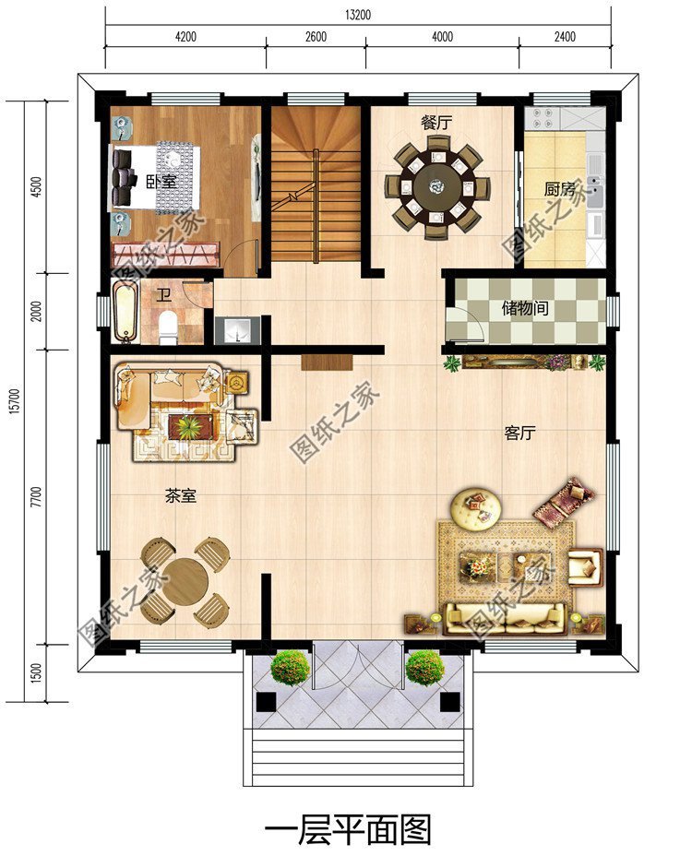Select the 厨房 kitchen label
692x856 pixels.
559,188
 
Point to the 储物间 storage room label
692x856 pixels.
525,308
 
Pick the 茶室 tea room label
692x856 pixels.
180,496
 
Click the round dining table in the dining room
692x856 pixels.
436,187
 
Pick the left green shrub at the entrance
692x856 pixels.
290,666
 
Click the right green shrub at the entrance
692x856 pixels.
424,666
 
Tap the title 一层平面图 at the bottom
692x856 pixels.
348,829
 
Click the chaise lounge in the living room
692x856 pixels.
564,499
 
